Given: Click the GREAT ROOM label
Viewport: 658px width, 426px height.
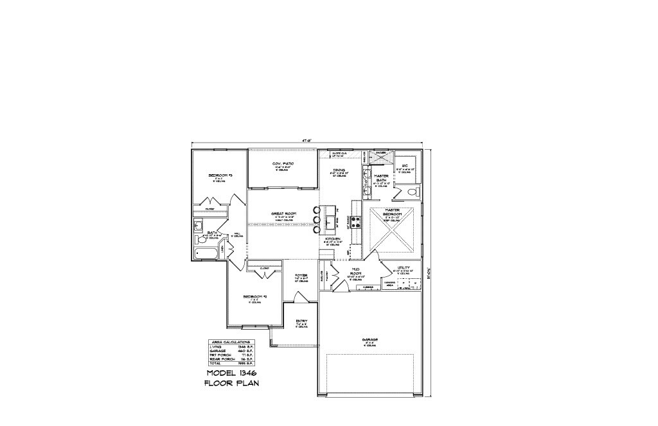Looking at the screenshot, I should [283, 213].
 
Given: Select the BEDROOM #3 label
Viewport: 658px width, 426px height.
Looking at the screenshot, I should [220, 175].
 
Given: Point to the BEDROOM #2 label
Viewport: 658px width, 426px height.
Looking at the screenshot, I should [254, 296].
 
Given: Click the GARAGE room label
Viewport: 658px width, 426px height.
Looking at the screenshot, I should [369, 339].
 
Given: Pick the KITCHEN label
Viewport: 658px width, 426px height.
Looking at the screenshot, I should [332, 238].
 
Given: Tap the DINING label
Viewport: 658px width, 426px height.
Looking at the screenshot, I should [339, 170].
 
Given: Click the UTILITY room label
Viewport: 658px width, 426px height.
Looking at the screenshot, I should [404, 267].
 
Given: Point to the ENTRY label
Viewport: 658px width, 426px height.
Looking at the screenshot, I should [301, 320].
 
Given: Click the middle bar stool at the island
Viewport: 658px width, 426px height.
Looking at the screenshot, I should [316, 220].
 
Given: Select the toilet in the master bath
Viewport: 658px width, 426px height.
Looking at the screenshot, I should [413, 192].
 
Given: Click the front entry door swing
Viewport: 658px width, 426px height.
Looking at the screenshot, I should [299, 299].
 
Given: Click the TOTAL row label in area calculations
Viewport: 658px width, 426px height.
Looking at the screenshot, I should [215, 364].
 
